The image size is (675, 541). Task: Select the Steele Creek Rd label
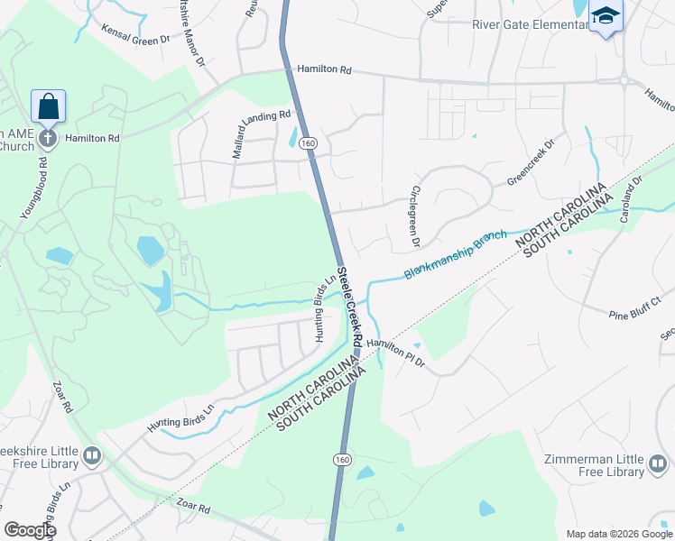(x=348, y=307)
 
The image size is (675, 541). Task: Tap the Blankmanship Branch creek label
(x=455, y=253)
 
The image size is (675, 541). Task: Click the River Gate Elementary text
(x=530, y=24)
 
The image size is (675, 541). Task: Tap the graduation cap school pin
(x=606, y=15)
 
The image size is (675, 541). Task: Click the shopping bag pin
(x=48, y=106)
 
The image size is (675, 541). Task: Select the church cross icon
(x=48, y=139)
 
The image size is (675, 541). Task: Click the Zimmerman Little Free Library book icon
(x=660, y=465)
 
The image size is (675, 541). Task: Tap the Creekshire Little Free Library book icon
(x=91, y=456)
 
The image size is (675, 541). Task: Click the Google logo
(x=29, y=529)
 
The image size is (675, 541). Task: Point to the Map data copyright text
(x=617, y=534)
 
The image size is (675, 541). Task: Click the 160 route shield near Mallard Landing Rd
(x=309, y=143)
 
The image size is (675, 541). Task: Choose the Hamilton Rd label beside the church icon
(x=92, y=139)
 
